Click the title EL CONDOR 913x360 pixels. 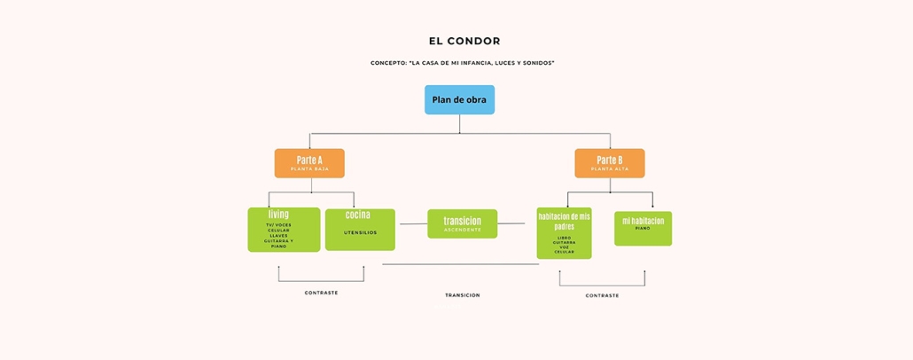point(464,41)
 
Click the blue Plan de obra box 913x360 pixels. point(459,99)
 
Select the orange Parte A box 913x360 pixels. point(309,163)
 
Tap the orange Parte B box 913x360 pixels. point(609,163)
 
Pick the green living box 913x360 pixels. point(284,230)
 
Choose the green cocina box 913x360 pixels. point(360,230)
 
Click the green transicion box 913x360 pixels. point(462,223)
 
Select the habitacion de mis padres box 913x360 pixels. point(565,233)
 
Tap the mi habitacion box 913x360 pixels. point(643,228)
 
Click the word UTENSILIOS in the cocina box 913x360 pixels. point(360,233)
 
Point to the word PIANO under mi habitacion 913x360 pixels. point(643,228)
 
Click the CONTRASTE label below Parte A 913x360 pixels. point(321,293)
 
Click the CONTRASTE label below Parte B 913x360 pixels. point(602,295)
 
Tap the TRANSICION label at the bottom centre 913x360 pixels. point(462,295)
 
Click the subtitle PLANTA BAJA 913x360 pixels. point(309,168)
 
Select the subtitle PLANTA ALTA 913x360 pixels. point(609,168)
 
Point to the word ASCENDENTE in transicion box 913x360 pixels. point(462,230)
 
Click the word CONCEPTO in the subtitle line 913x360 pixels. point(388,63)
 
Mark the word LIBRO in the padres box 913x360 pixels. point(565,237)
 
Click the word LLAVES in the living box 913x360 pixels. point(278,235)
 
